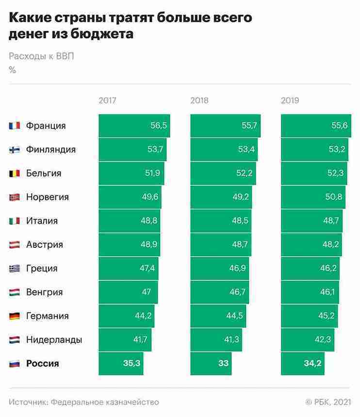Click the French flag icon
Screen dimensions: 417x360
click(x=14, y=126)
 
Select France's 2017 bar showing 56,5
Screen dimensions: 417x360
click(x=134, y=126)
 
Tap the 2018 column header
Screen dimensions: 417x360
click(x=199, y=101)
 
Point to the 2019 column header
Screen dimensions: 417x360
click(x=290, y=101)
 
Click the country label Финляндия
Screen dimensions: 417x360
click(x=51, y=149)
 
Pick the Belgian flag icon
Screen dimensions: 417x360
click(x=14, y=173)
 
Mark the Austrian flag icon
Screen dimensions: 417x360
click(x=14, y=244)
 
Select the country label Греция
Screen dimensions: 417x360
click(x=42, y=268)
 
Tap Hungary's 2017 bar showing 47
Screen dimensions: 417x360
click(x=128, y=292)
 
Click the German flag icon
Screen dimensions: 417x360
click(x=14, y=316)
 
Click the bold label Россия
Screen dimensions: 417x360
click(x=43, y=363)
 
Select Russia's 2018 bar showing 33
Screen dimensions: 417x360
click(x=211, y=363)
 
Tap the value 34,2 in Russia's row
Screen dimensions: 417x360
click(x=313, y=363)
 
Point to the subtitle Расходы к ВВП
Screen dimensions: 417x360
click(x=42, y=55)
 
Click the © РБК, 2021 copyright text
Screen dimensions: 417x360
click(x=327, y=402)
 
